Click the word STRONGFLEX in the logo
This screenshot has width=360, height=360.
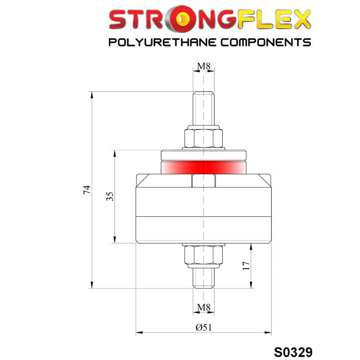(x=210, y=20)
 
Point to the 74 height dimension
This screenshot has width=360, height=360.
(x=87, y=189)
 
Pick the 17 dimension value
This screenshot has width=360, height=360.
(x=246, y=265)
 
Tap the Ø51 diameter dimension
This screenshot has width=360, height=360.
(x=204, y=328)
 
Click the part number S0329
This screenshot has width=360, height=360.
(x=293, y=351)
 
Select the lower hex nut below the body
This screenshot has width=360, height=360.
(x=203, y=256)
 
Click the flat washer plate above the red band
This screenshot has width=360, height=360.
(x=204, y=154)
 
